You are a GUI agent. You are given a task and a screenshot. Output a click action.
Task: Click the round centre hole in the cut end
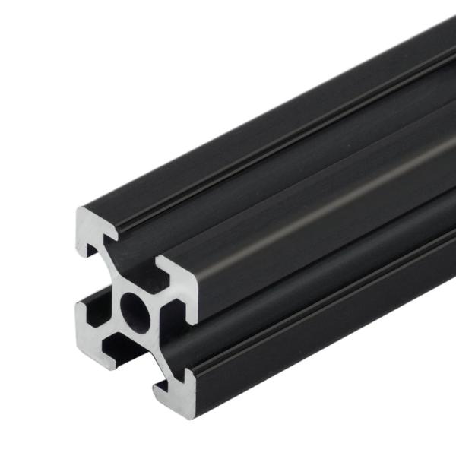(x=135, y=306)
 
